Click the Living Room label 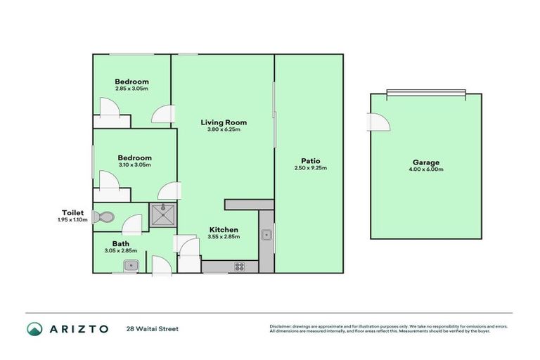point(224,122)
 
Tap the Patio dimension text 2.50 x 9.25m point(310,168)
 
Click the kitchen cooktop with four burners point(239,266)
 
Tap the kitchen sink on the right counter point(267,235)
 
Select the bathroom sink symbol point(130,265)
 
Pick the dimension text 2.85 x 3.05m point(131,89)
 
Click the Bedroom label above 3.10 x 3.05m point(134,157)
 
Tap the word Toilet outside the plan point(72,212)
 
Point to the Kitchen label point(224,229)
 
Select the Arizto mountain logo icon point(34,328)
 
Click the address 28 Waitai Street point(153,328)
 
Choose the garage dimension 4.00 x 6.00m point(424,169)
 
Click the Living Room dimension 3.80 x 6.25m point(224,129)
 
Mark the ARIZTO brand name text point(78,328)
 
